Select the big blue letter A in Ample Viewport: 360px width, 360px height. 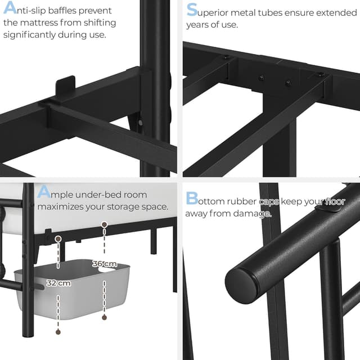tap(44, 193)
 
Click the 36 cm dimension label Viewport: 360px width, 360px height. tap(104, 264)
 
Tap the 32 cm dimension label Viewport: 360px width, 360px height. tap(58, 283)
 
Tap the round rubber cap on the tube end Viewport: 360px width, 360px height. tap(242, 285)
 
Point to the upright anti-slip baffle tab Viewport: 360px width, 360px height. tap(66, 87)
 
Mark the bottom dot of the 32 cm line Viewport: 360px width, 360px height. tap(58, 332)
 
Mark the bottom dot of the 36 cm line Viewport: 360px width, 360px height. tap(104, 317)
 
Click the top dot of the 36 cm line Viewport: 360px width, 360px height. tap(104, 224)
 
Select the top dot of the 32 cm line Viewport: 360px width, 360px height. tap(58, 238)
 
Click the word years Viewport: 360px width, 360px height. tap(199, 24)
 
